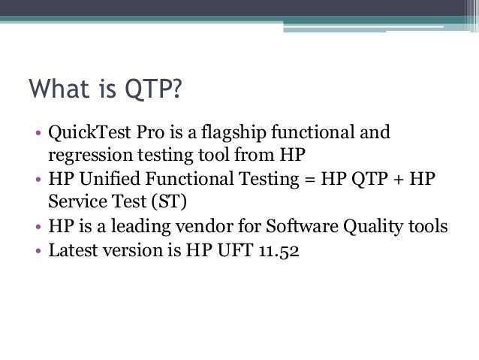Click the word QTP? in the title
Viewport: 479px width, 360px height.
point(153,89)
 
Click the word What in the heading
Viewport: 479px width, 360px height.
point(59,89)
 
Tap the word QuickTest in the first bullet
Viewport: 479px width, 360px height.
point(89,132)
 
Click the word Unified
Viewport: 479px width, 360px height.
point(110,178)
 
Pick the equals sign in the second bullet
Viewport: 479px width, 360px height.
point(310,180)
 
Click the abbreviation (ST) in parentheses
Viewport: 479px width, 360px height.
point(169,201)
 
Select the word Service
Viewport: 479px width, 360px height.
point(77,201)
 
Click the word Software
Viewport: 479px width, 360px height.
point(302,226)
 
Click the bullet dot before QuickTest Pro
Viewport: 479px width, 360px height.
point(38,133)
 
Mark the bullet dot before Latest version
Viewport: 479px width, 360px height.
point(38,251)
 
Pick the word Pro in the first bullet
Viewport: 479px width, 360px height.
point(150,132)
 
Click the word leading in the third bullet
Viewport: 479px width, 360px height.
point(140,227)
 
